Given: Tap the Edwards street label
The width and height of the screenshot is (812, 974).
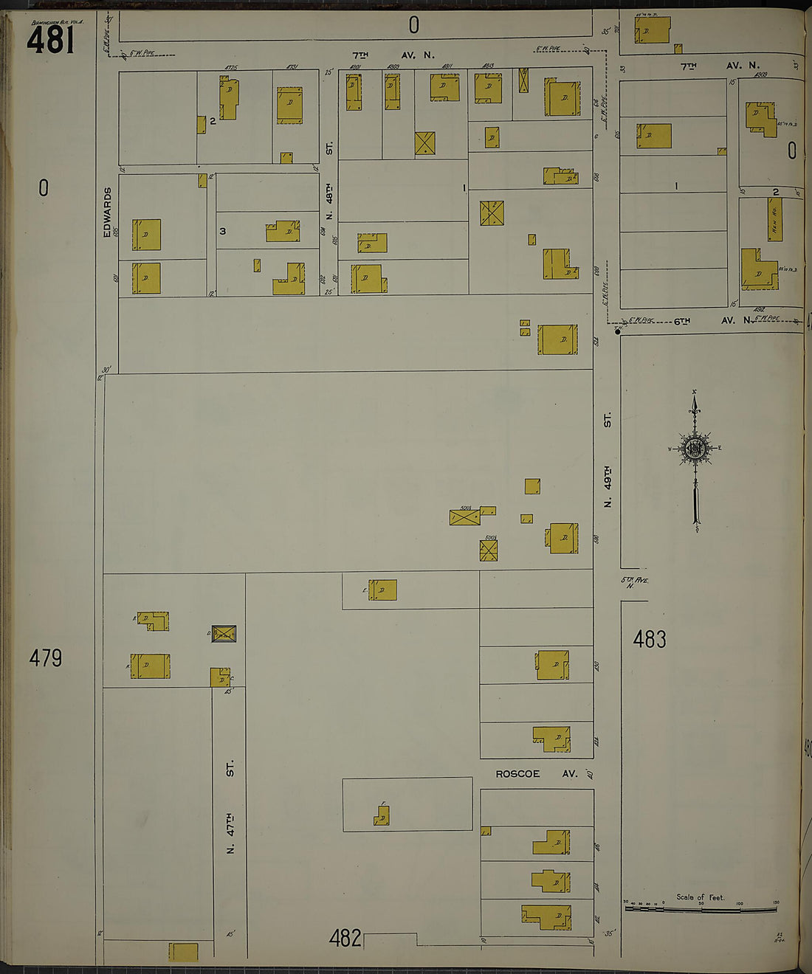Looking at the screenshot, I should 107,213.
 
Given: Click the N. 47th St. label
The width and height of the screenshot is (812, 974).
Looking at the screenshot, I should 230,807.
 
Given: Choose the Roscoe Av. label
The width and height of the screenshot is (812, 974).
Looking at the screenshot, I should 536,774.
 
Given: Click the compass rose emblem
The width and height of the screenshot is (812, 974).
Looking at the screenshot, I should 695,448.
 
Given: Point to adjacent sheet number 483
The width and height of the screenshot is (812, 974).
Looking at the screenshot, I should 650,639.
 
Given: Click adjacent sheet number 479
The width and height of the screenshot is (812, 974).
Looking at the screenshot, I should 46,657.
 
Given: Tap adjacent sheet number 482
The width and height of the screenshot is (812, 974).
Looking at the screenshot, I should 345,938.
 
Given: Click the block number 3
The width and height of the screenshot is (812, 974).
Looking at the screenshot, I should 222,231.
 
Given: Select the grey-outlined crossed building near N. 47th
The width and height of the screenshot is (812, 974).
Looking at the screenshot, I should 224,633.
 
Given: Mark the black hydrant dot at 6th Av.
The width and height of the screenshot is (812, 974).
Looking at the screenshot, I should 618,331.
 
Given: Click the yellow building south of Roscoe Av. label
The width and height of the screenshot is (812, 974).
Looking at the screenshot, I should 552,842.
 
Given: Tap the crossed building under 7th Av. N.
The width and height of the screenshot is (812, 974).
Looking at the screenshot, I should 424,142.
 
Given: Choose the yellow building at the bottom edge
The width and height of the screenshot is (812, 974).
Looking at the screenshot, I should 183,952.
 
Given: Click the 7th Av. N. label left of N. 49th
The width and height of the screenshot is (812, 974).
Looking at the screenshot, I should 393,55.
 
